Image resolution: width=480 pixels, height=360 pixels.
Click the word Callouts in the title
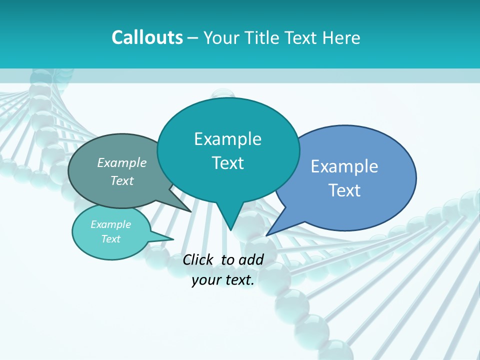(x=147, y=37)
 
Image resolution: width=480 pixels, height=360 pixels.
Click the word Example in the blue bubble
(x=344, y=166)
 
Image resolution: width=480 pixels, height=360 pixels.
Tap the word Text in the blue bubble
(x=344, y=190)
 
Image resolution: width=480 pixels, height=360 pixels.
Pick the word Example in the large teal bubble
(x=228, y=139)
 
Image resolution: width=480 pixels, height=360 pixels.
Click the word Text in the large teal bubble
(x=228, y=163)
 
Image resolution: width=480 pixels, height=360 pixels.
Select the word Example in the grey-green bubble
(x=122, y=162)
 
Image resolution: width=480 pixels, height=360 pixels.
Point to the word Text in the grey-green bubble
(x=122, y=180)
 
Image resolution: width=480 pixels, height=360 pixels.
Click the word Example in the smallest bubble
(x=111, y=224)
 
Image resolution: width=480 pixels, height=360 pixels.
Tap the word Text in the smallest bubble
(x=111, y=239)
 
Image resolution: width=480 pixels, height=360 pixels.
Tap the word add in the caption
(x=251, y=259)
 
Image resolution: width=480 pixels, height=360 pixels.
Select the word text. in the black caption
(x=238, y=280)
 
